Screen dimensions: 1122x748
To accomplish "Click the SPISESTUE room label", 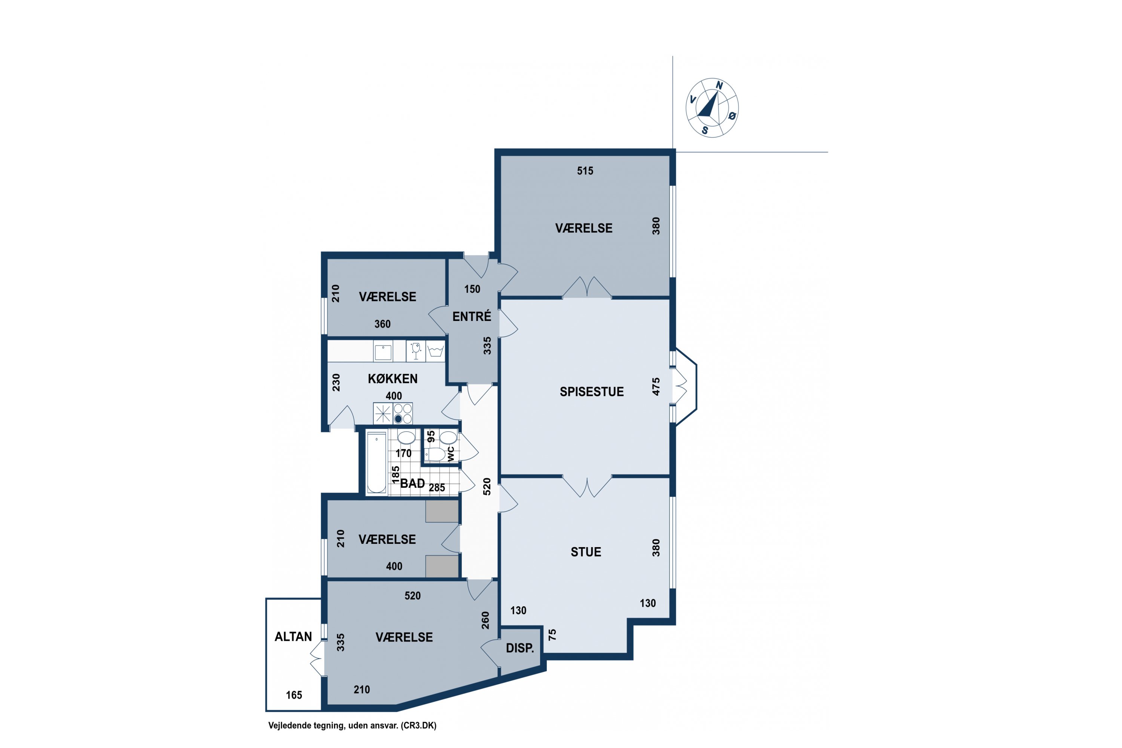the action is (x=592, y=392).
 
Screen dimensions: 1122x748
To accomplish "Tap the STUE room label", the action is (x=586, y=552).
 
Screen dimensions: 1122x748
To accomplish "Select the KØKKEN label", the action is (x=393, y=379).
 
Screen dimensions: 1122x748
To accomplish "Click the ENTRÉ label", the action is (x=472, y=316).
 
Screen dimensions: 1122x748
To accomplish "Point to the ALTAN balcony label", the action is (x=293, y=637).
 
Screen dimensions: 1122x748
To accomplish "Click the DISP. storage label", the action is (x=520, y=648).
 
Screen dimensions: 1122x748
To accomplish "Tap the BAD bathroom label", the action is (x=413, y=483).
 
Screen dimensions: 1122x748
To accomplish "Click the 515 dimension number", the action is (x=585, y=171).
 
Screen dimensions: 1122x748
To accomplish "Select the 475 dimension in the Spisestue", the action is (x=656, y=386).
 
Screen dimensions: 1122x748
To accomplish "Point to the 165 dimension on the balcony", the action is (x=294, y=695).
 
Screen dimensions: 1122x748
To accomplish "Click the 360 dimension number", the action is (x=383, y=324).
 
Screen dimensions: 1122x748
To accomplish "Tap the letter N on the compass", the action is (x=719, y=85).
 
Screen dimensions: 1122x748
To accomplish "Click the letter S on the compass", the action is (x=705, y=130).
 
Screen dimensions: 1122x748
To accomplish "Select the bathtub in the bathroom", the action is (x=376, y=462).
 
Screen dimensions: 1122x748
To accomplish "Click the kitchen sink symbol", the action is (x=383, y=352).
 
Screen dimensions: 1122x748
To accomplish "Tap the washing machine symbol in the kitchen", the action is (x=436, y=351).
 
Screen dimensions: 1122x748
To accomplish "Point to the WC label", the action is (x=451, y=454).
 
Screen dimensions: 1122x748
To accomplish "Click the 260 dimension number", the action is (x=485, y=620).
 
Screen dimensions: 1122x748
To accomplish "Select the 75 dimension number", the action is (x=552, y=634).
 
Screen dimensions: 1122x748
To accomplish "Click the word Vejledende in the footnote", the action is (x=289, y=726).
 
